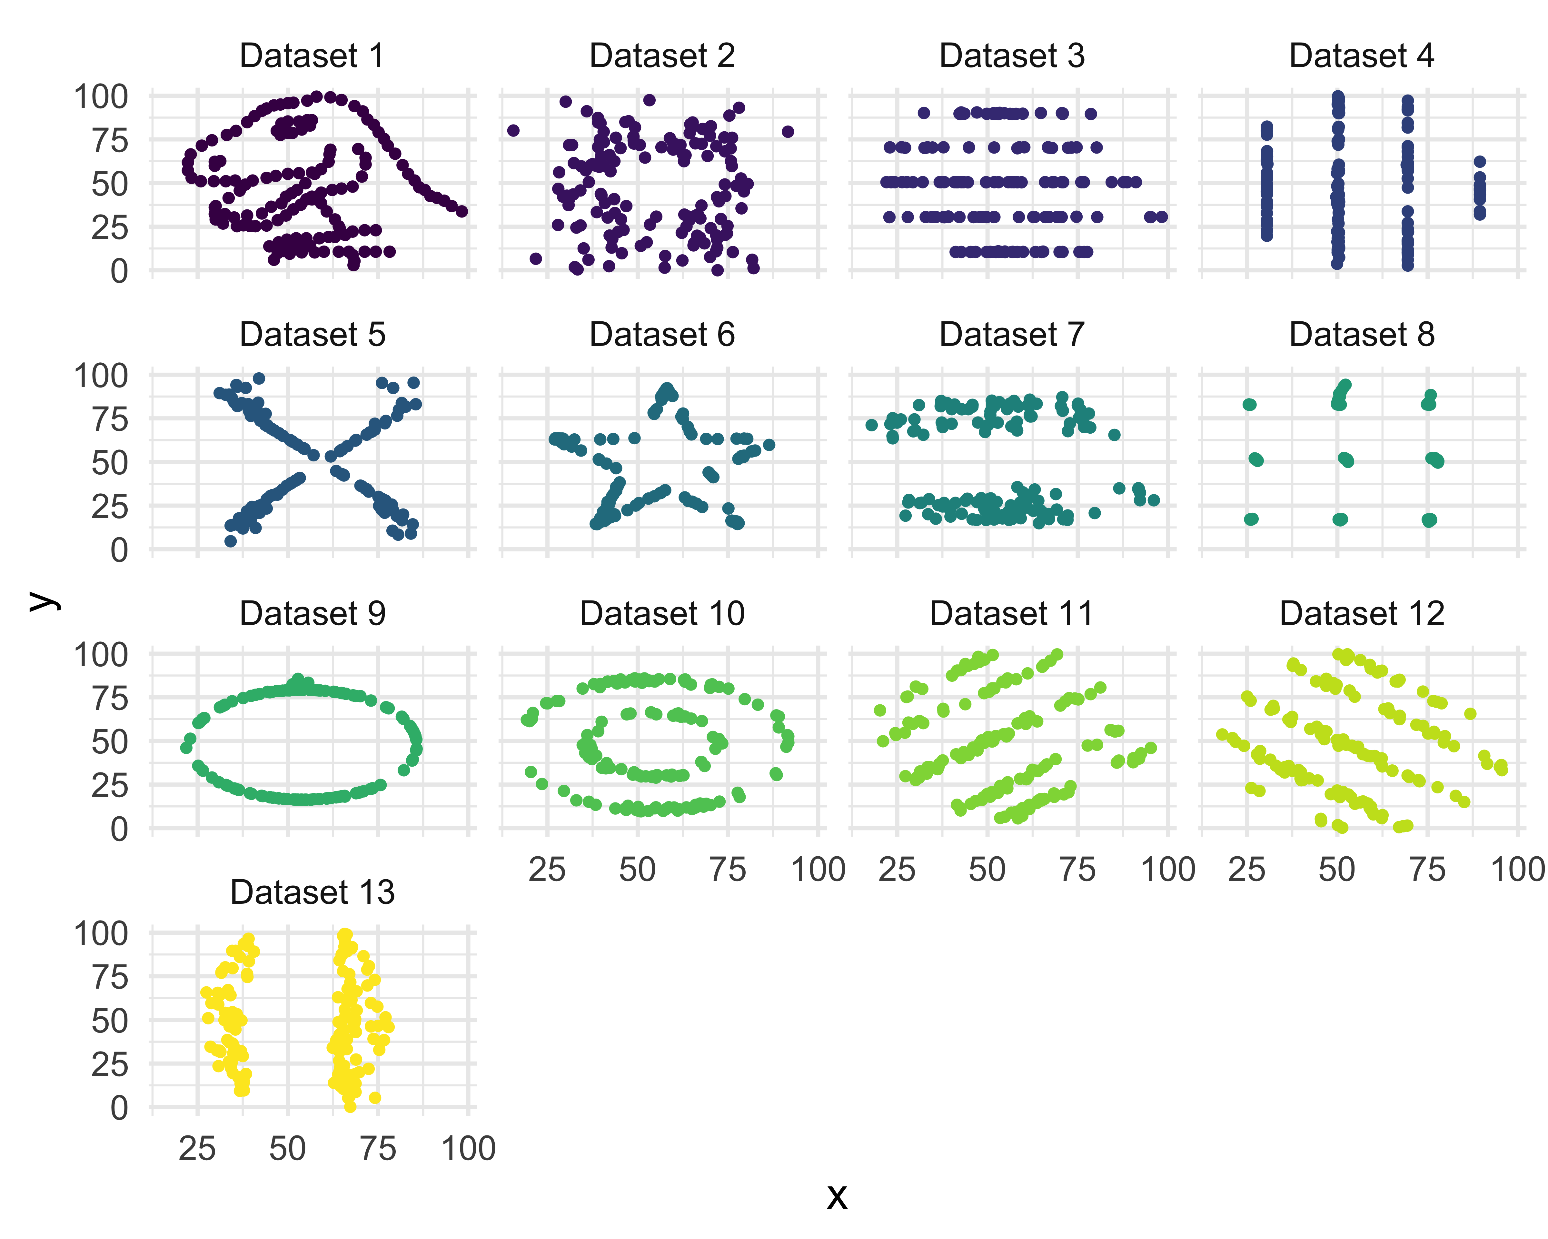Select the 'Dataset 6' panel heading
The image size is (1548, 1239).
(662, 335)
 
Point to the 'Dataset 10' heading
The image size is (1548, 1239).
(662, 614)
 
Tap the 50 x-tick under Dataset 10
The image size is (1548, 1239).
(638, 870)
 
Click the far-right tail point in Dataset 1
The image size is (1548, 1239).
(462, 211)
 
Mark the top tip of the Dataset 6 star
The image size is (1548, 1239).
(667, 388)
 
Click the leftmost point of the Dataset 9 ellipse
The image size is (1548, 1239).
(186, 748)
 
